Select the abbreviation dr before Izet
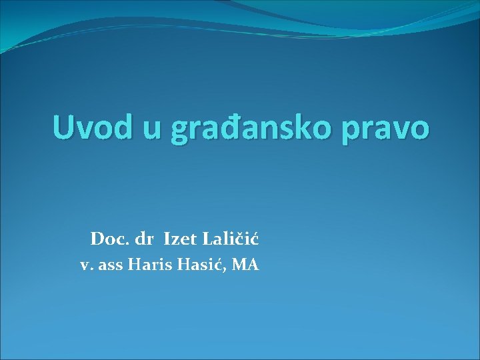[x=145, y=238]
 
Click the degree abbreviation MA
[x=247, y=265]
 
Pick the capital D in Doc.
[x=97, y=238]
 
